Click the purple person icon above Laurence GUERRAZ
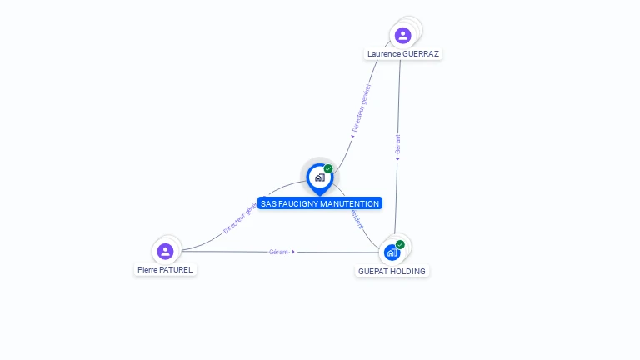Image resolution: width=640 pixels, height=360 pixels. [403, 36]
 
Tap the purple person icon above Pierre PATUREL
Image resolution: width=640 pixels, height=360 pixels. [165, 251]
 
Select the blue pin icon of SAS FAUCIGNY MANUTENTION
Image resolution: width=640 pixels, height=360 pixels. [319, 177]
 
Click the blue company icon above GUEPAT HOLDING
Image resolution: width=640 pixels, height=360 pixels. [391, 252]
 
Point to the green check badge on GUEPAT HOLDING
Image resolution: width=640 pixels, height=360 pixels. [400, 244]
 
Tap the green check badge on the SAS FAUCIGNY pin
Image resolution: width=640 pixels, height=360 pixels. [328, 169]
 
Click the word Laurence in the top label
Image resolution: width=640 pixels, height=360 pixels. [383, 54]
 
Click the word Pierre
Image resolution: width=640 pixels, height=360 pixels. [148, 270]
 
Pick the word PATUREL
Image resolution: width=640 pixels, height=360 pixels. [177, 270]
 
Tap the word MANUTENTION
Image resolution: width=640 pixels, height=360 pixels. [350, 203]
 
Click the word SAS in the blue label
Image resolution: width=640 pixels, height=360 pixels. [268, 203]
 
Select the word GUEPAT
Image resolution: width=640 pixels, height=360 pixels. [374, 272]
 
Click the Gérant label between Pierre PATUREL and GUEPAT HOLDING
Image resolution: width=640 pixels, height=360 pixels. [278, 252]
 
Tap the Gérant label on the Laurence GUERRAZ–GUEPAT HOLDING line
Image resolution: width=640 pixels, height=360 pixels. [397, 144]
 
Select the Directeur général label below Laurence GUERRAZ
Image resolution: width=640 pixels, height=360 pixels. [362, 107]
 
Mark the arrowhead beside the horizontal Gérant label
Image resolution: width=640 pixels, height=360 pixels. [293, 252]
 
